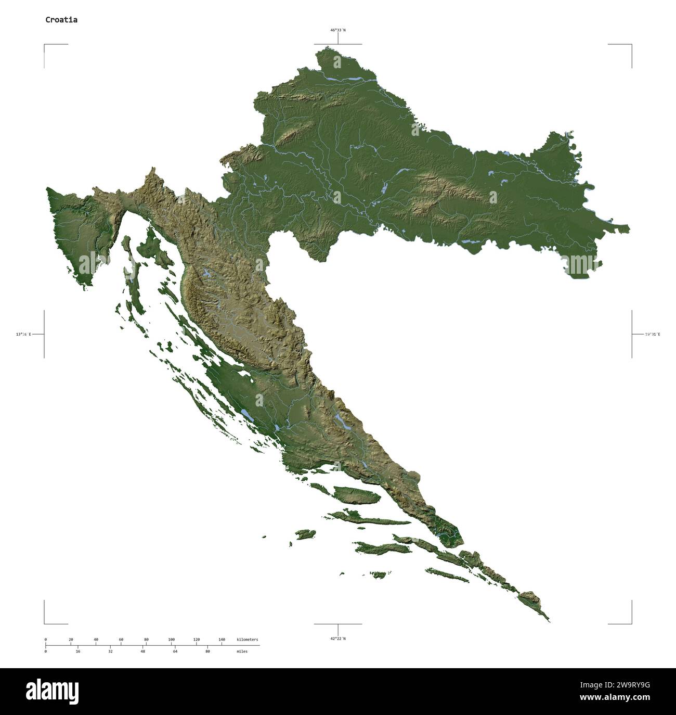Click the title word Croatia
click(x=61, y=20)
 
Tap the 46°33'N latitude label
click(x=338, y=30)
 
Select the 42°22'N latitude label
click(x=338, y=639)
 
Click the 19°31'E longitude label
click(x=652, y=334)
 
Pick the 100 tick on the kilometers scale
click(x=171, y=639)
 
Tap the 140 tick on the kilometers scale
click(x=222, y=639)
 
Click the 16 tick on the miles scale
click(x=78, y=651)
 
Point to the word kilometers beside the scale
click(x=247, y=639)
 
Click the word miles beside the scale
click(x=242, y=651)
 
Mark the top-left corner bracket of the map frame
click(x=45, y=45)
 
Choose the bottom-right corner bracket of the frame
click(x=631, y=623)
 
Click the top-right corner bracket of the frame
click(x=631, y=45)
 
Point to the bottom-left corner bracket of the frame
click(x=45, y=623)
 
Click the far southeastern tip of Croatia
click(x=549, y=621)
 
